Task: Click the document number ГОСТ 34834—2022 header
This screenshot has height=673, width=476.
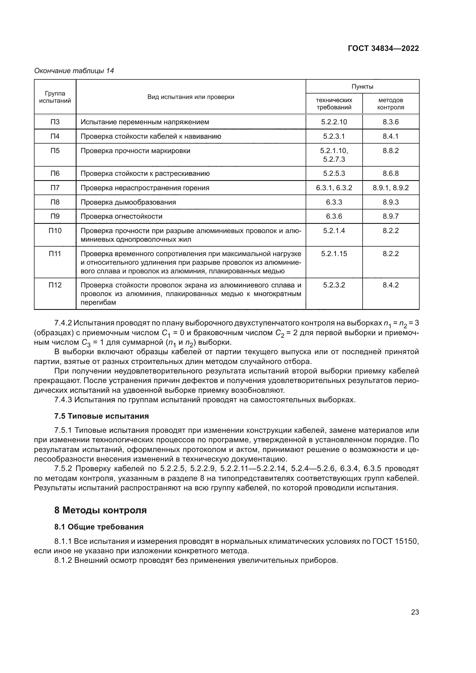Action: pyautogui.click(x=383, y=49)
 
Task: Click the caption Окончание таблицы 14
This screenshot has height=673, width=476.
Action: pyautogui.click(x=74, y=71)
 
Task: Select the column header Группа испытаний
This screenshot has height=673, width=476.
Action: pyautogui.click(x=55, y=97)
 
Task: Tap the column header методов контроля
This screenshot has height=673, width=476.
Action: pyautogui.click(x=391, y=104)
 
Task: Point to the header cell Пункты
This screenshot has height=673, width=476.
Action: pyautogui.click(x=362, y=87)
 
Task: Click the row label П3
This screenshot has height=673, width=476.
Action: pyautogui.click(x=55, y=122)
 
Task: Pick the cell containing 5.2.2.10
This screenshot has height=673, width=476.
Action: pyautogui.click(x=334, y=122)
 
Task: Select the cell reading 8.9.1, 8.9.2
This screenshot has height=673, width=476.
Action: pyautogui.click(x=391, y=188)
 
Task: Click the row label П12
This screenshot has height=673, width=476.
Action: pyautogui.click(x=55, y=285)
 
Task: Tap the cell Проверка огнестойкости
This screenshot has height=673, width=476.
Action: pyautogui.click(x=121, y=216)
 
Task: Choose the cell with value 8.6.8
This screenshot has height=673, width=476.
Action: pyautogui.click(x=391, y=173)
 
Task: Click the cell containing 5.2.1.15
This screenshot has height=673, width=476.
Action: pyautogui.click(x=334, y=253)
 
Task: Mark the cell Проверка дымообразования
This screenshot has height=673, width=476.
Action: pyautogui.click(x=128, y=202)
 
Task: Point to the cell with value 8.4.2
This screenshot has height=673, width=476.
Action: pyautogui.click(x=391, y=285)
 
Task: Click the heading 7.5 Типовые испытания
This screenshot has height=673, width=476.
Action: pyautogui.click(x=101, y=416)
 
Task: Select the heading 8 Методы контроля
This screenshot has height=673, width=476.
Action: pyautogui.click(x=100, y=510)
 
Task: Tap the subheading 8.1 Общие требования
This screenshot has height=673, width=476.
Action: pyautogui.click(x=99, y=527)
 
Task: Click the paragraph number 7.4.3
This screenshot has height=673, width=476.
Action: pyautogui.click(x=63, y=400)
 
